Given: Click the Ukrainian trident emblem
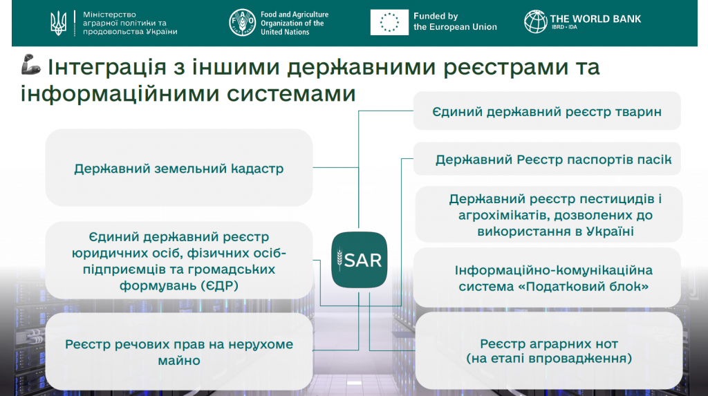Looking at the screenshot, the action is coord(58,23).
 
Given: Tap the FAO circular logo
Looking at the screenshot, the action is coord(243,23).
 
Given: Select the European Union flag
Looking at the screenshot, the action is coord(389,22).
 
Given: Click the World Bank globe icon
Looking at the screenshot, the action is coord(536,21).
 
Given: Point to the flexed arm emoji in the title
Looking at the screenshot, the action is coord(30,64).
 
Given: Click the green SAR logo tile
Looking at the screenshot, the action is coord(360,260).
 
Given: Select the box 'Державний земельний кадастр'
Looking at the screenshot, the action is coord(179,167).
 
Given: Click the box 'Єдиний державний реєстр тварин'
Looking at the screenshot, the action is coord(547,111).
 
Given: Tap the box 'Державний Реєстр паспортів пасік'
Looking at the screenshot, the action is coord(547,159).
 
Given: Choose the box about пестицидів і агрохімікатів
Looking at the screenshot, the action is coord(548,214).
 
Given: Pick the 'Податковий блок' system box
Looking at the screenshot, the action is coord(547,278).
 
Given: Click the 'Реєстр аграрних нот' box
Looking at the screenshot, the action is coord(548,350).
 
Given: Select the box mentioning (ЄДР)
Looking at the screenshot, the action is coord(179,261).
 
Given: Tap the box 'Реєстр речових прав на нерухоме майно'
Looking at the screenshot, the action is coord(179,352).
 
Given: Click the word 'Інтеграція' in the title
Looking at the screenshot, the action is coord(107,67).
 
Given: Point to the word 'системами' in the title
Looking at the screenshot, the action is coord(291,94).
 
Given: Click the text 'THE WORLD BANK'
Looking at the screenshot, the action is coord(595,19).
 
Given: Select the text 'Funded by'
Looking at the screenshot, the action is coord(436,17).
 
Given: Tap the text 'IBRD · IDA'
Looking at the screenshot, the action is coord(564,27).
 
